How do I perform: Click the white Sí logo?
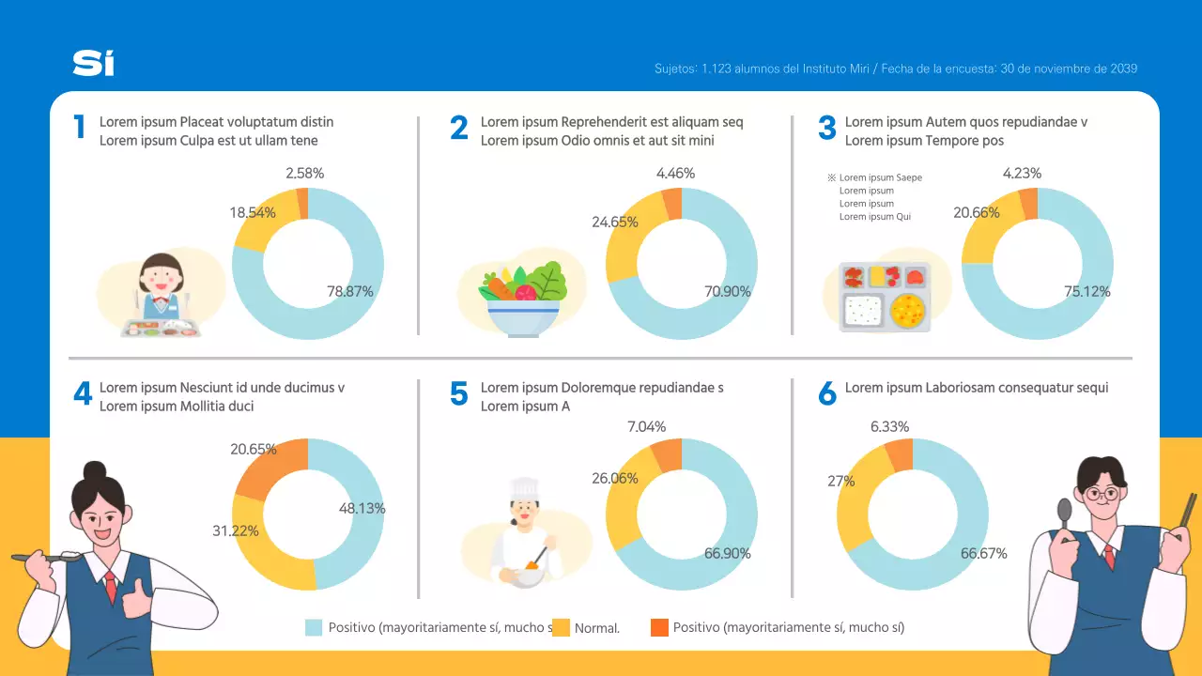tap(94, 63)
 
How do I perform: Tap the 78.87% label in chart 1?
tap(349, 292)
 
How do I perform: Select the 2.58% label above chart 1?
tap(304, 173)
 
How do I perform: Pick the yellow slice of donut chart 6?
tap(855, 507)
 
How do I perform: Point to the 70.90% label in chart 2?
tap(727, 292)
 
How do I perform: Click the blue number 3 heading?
tap(826, 129)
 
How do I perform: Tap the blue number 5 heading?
tap(458, 394)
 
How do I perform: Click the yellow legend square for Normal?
tap(561, 627)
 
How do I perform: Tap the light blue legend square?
tap(314, 627)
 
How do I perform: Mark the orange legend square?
tap(659, 627)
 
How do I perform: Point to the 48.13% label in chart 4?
tap(362, 508)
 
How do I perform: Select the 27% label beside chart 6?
tap(840, 481)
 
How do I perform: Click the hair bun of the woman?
tap(95, 470)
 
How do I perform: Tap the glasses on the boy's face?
tap(1100, 493)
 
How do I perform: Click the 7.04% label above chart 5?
tap(646, 427)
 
